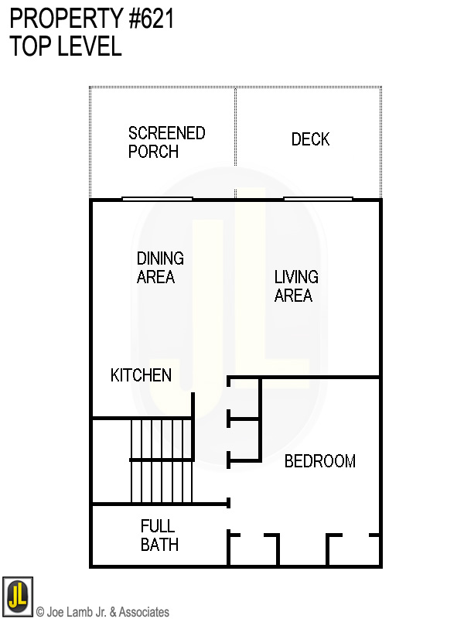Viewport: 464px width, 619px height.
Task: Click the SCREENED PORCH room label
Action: click(x=166, y=142)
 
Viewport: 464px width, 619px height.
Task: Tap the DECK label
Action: click(x=310, y=139)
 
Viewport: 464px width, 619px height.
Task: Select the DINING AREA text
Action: click(x=160, y=268)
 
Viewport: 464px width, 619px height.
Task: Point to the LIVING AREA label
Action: click(x=295, y=286)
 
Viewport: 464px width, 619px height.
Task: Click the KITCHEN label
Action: click(x=141, y=375)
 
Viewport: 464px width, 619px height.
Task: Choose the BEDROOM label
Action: click(x=319, y=461)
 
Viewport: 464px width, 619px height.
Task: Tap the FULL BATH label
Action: click(x=159, y=535)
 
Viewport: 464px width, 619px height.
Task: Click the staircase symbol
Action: click(x=161, y=460)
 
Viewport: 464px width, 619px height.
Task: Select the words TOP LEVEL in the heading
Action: click(x=66, y=46)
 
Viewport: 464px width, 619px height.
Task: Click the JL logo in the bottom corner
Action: click(x=17, y=596)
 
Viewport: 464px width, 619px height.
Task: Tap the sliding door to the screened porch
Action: click(x=157, y=199)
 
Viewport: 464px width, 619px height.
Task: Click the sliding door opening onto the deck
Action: click(x=319, y=199)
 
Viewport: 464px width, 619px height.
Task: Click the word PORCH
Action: click(x=153, y=152)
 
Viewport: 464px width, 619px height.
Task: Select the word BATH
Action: click(x=159, y=545)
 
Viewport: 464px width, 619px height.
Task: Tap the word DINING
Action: click(x=160, y=258)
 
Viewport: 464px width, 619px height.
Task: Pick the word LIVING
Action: click(x=295, y=277)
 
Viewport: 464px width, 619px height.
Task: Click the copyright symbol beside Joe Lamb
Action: click(x=40, y=612)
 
